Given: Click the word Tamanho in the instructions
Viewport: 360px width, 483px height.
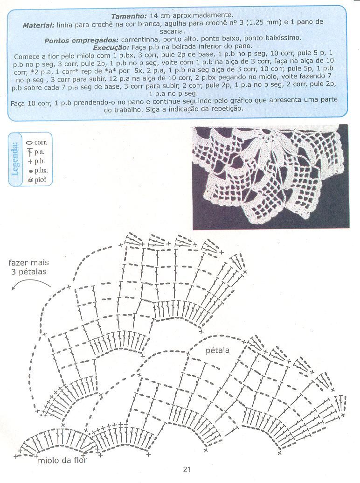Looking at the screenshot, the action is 129,15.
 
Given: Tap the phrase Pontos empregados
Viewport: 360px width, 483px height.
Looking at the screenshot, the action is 82,40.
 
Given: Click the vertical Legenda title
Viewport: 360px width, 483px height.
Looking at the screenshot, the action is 15,159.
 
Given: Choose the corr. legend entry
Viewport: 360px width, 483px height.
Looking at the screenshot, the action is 37,142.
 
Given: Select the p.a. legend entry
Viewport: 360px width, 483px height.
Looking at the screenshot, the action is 36,152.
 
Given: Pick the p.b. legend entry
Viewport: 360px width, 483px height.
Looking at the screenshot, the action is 36,161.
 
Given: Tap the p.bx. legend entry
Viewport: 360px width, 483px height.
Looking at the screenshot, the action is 38,170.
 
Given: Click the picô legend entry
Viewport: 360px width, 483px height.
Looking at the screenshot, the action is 37,180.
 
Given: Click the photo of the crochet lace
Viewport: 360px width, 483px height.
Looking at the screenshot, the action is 270,177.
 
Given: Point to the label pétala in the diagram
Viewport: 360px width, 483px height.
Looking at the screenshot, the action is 217,350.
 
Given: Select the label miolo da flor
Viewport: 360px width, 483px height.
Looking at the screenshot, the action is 62,460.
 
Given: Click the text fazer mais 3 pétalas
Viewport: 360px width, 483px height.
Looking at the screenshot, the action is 28,267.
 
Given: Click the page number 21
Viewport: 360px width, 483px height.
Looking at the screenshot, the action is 187,469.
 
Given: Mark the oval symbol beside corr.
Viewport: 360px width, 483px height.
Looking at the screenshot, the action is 29,143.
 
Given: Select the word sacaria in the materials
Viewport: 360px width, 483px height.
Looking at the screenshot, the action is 172,31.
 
